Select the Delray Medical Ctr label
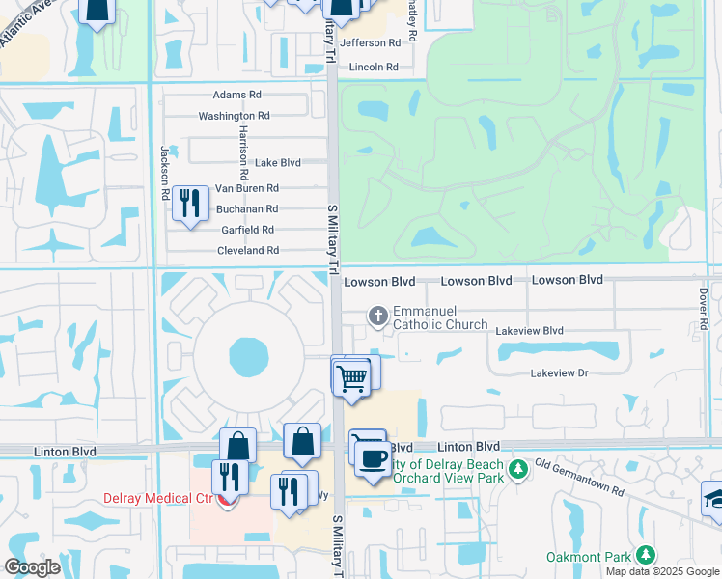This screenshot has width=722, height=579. point(160,499)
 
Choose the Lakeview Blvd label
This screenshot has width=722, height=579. point(529,331)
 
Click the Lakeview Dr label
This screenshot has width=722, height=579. point(559,373)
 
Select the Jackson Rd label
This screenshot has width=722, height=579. point(165,173)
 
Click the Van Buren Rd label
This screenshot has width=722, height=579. point(246,188)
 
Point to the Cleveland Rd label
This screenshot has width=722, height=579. point(247,250)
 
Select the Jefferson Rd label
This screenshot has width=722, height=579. point(369,43)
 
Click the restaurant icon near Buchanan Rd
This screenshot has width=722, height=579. point(190,202)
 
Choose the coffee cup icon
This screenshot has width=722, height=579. point(373,457)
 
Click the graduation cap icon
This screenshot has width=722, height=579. point(714,499)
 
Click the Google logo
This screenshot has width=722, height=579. point(32,567)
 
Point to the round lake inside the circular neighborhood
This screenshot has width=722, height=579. point(249,357)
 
